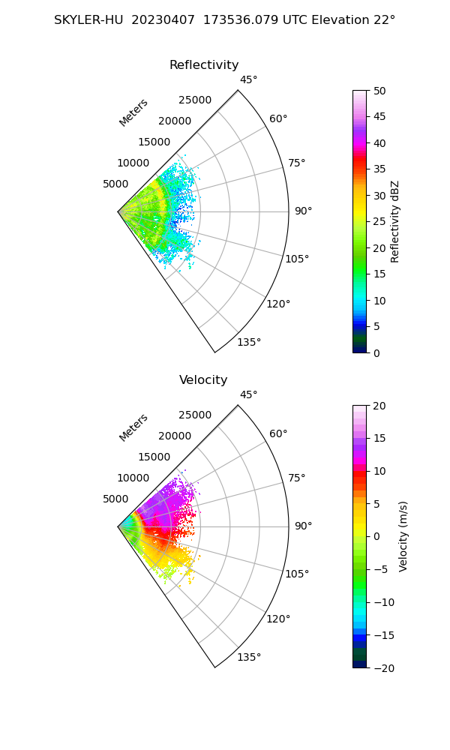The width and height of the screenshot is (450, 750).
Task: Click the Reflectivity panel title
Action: point(204,65)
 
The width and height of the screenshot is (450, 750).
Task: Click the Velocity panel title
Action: point(203,380)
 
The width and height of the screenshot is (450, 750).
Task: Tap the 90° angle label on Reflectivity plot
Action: point(303,211)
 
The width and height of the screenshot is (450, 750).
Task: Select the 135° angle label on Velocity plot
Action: point(249,658)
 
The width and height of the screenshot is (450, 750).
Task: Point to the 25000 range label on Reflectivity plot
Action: point(195,100)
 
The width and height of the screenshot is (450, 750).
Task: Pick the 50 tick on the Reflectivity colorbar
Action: point(380,91)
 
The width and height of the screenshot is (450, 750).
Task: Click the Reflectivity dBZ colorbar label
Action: point(395,221)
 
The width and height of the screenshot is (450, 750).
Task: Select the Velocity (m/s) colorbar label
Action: point(403,536)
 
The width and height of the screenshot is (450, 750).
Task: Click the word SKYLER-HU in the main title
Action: point(89,20)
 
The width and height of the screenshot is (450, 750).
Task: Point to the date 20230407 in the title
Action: point(160,20)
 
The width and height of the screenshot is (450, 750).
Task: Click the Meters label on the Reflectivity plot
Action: point(133,112)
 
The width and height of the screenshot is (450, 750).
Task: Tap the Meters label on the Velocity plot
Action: point(133,427)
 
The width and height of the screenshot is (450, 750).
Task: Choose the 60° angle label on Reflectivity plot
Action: point(278,118)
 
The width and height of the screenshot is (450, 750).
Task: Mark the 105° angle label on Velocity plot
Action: point(298,574)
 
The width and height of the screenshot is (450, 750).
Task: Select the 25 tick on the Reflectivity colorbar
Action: point(380,222)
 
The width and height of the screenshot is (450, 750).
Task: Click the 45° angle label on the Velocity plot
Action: point(249,395)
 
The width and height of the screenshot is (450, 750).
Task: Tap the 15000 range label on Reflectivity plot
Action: point(154,142)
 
